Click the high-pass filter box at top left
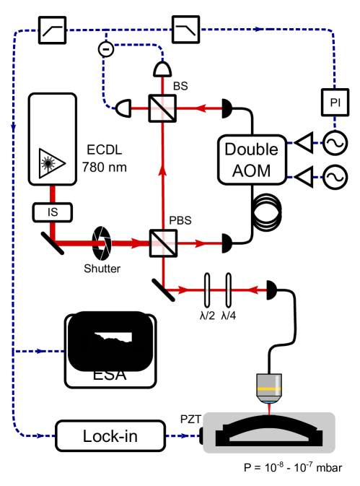pyautogui.click(x=52, y=30)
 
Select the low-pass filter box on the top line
pyautogui.click(x=185, y=30)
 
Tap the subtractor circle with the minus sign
pyautogui.click(x=105, y=49)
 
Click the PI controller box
pyautogui.click(x=335, y=103)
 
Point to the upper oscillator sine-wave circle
pyautogui.click(x=335, y=143)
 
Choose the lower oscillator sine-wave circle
pyautogui.click(x=335, y=177)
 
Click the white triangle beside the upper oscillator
pyautogui.click(x=304, y=143)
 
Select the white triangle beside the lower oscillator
pyautogui.click(x=304, y=177)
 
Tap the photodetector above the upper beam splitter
pyautogui.click(x=163, y=69)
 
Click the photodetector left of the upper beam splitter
pyautogui.click(x=123, y=109)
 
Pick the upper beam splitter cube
pyautogui.click(x=162, y=109)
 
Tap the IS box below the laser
pyautogui.click(x=52, y=212)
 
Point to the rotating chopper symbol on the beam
pyautogui.click(x=102, y=243)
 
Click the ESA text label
pyautogui.click(x=110, y=375)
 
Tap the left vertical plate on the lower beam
pyautogui.click(x=207, y=290)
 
